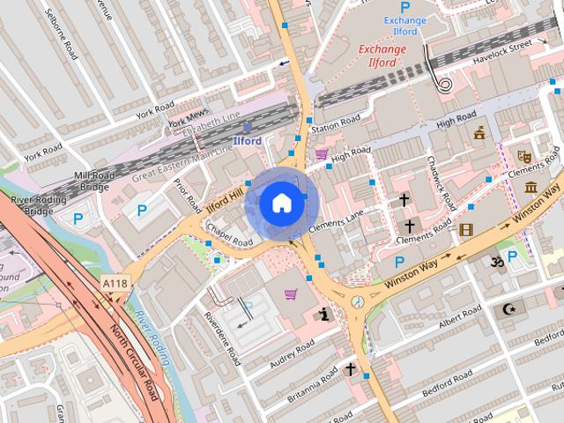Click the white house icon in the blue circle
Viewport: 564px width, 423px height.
tap(280, 204)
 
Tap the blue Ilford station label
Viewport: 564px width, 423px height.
tap(247, 140)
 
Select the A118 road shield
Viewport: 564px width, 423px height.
tap(114, 284)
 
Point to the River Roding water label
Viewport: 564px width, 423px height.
tap(152, 337)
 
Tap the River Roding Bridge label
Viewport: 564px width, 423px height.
tap(33, 204)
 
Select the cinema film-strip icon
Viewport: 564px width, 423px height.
tap(465, 231)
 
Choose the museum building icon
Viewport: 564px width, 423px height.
tap(531, 187)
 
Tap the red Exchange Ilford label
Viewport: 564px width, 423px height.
tap(382, 56)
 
